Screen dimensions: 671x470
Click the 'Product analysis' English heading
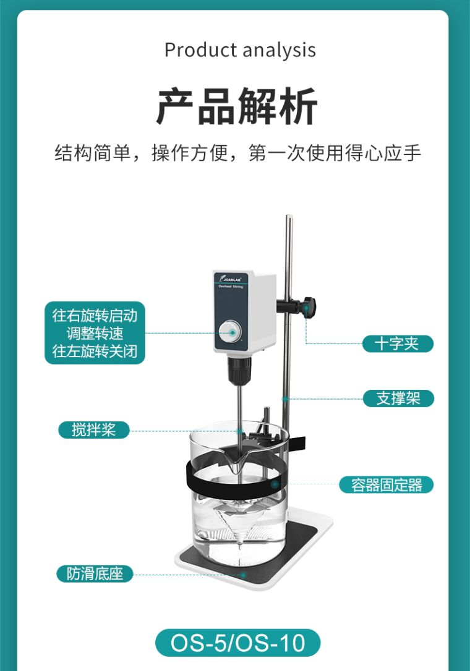(x=240, y=50)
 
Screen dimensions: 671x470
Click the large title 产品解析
(x=237, y=106)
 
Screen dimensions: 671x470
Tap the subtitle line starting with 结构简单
(x=238, y=153)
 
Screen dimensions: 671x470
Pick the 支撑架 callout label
(x=398, y=398)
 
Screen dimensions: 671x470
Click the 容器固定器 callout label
(x=387, y=485)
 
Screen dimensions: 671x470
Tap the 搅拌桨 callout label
(x=94, y=429)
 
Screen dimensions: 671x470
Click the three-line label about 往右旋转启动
(x=95, y=334)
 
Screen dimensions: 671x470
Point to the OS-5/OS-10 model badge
(x=238, y=643)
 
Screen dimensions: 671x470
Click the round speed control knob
(x=232, y=332)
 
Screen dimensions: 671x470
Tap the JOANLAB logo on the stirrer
(x=233, y=279)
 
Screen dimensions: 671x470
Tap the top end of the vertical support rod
(x=289, y=218)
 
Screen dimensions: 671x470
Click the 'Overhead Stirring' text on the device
(x=232, y=287)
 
